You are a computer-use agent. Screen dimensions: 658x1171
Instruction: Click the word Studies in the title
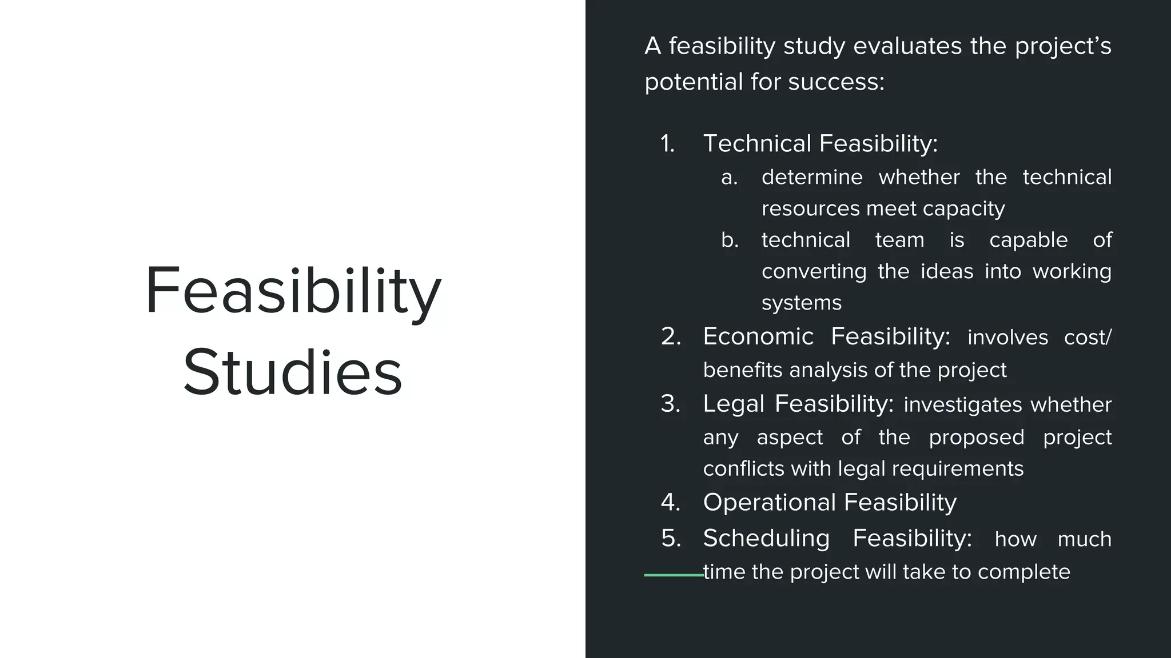click(293, 373)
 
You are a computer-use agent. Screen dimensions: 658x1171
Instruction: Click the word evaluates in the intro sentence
click(907, 46)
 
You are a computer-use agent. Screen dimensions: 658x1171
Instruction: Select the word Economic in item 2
click(758, 336)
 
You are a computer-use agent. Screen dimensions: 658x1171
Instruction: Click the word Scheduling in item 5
click(766, 539)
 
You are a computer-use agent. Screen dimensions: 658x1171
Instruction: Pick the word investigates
click(963, 405)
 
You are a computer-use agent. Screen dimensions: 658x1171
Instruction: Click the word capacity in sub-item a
click(963, 209)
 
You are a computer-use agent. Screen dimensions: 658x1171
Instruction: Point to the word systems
click(801, 303)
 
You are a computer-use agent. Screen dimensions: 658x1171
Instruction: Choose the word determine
click(812, 178)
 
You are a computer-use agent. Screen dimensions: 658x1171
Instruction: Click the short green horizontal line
click(674, 575)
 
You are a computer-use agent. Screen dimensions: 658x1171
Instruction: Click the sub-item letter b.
click(730, 240)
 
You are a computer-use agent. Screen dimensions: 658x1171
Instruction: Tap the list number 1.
click(667, 143)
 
